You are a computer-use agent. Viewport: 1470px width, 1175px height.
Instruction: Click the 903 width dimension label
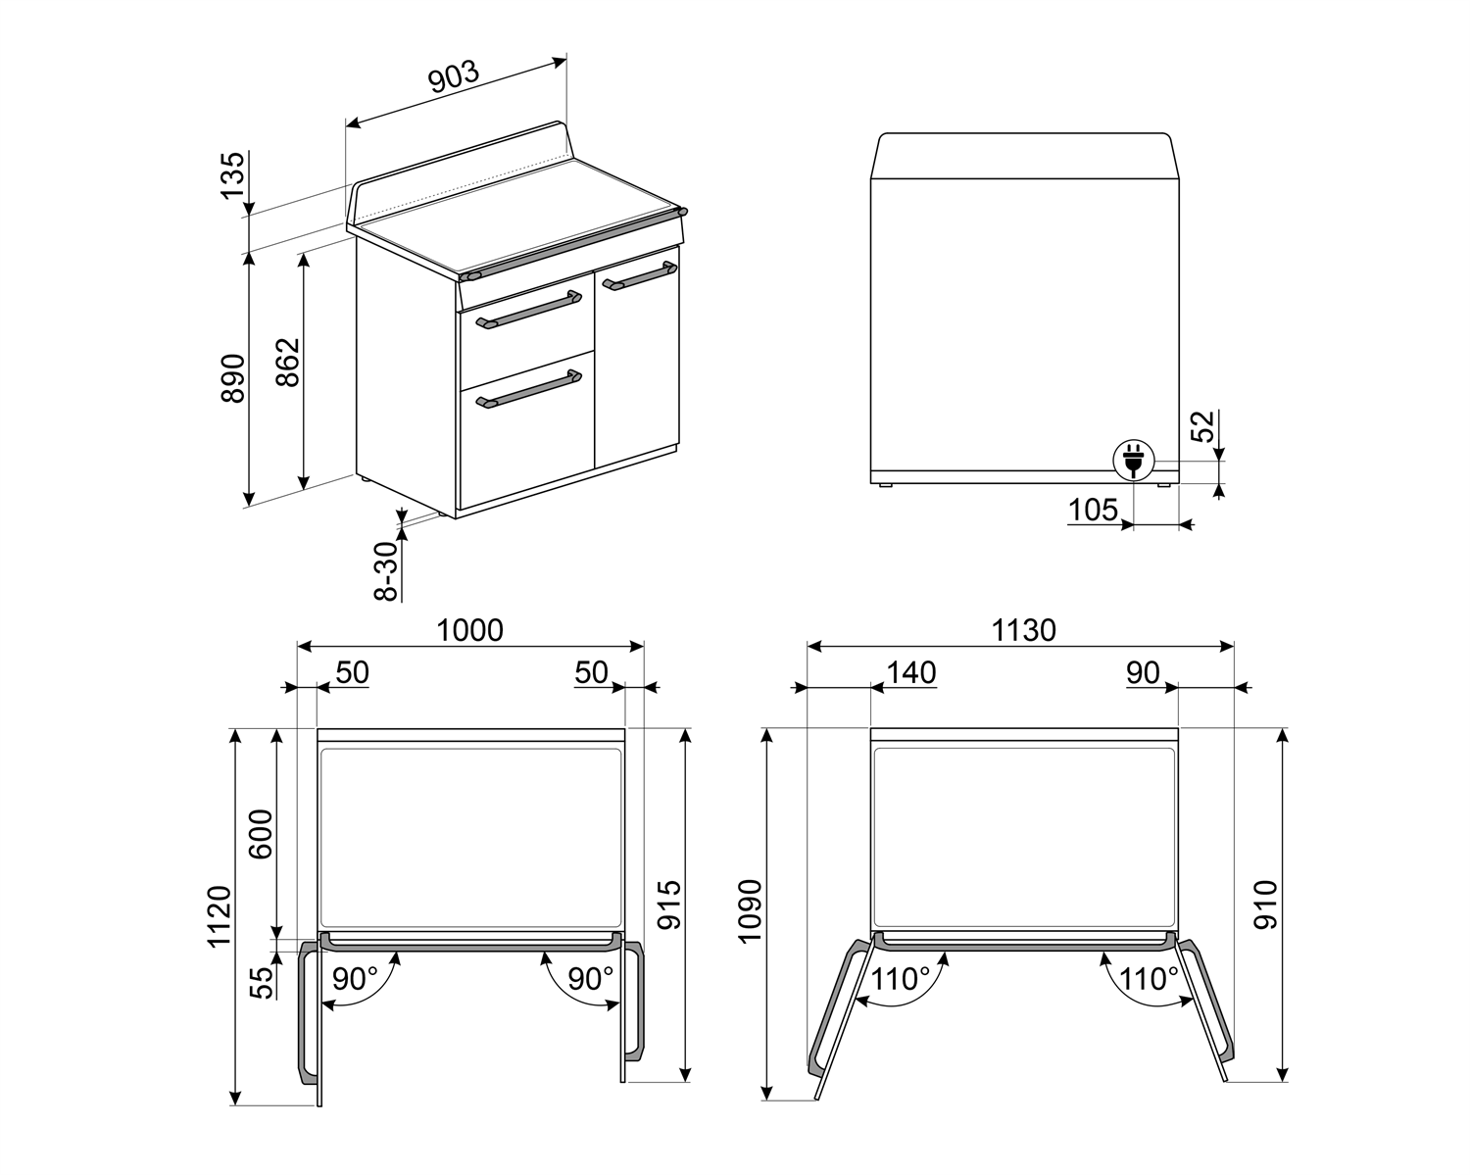tap(453, 77)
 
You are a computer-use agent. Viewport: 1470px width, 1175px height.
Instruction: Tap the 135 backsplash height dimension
tap(232, 175)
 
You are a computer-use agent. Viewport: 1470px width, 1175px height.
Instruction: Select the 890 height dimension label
tap(233, 377)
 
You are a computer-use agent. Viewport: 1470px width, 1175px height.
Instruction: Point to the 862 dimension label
tap(287, 363)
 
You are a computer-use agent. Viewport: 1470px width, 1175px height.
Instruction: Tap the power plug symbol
tap(1133, 460)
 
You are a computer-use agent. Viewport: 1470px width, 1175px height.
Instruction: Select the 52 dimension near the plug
tap(1202, 426)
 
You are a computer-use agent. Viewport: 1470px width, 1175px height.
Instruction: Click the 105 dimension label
tap(1093, 510)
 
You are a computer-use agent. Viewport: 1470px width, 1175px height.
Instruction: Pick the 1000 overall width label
tap(469, 629)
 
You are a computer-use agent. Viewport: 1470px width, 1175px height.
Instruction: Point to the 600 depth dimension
tap(261, 834)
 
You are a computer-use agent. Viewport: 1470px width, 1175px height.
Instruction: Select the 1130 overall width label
tap(1024, 629)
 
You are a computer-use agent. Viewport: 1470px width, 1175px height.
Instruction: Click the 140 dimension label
tap(911, 672)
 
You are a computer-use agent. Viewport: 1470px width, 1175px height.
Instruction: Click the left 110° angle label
tap(901, 978)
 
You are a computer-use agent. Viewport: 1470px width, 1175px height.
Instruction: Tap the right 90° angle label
tap(590, 978)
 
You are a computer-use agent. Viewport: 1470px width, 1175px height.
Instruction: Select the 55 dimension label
tap(261, 981)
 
